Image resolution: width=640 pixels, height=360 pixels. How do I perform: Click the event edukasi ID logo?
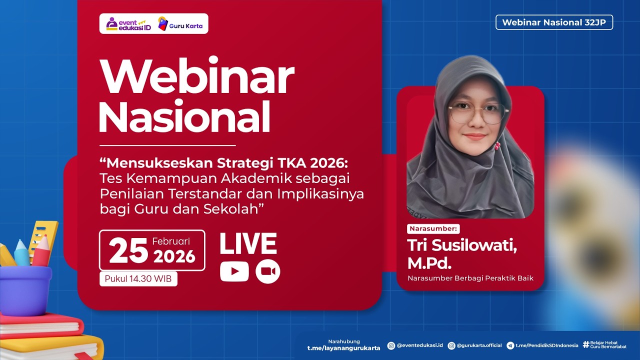pos(128,24)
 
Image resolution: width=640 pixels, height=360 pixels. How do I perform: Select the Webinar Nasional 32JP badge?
pos(554,22)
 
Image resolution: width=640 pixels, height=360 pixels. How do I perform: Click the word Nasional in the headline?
pos(184,116)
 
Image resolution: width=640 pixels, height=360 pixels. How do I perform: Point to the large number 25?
pos(128,251)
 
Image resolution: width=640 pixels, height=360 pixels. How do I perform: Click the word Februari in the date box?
pos(171,241)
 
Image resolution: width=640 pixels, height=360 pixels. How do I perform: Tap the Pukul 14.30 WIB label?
pos(138,278)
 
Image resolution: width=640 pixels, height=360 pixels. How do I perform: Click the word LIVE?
pos(248,244)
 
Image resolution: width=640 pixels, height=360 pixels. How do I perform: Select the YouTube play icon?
pos(234,271)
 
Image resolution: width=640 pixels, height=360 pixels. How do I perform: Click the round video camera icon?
pos(267,271)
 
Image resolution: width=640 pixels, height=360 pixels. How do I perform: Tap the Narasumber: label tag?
pos(433,229)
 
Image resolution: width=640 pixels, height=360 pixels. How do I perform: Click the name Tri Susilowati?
pos(462,245)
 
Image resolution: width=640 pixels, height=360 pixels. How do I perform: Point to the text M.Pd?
pos(431,263)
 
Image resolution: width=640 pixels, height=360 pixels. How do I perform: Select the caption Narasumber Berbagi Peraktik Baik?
pos(470,278)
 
